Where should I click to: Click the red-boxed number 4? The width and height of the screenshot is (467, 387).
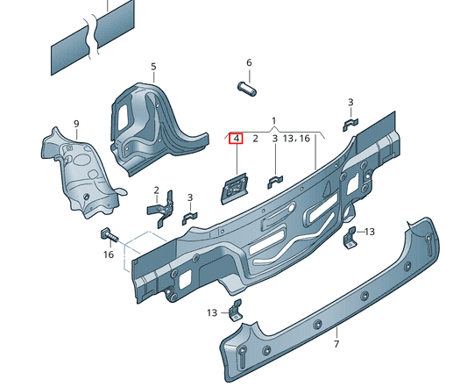tap(235, 139)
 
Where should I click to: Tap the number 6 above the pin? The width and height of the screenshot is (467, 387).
tap(248, 63)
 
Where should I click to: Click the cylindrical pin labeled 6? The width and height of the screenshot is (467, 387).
tap(246, 88)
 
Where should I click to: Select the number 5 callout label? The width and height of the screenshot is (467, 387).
tap(152, 67)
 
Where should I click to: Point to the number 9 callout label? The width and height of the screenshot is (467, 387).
tap(76, 123)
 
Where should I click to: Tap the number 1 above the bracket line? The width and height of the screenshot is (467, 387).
tap(273, 119)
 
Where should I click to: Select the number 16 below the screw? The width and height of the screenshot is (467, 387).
tap(109, 254)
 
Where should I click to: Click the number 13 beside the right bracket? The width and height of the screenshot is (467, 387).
tap(369, 231)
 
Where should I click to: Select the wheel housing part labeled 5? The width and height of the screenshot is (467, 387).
tap(149, 123)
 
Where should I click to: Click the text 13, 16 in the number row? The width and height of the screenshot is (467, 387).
tap(298, 139)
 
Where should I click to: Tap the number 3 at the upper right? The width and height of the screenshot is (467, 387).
tap(350, 103)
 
